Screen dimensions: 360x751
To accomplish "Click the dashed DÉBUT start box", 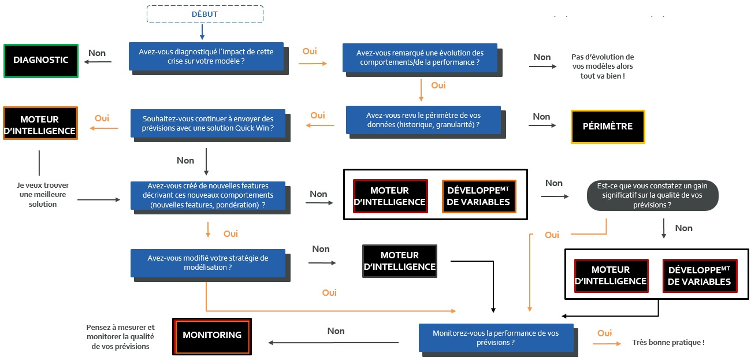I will pos(205,14).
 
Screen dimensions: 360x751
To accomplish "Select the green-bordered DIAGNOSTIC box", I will pos(40,60).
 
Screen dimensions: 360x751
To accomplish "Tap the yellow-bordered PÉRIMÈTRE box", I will pos(608,127).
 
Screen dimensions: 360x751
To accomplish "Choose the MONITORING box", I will pos(211,335).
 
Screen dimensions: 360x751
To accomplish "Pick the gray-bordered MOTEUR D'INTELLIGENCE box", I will pos(400,261).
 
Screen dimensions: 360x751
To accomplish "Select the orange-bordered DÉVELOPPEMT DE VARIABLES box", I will pos(479,196).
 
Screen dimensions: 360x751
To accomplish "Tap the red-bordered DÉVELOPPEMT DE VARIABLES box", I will pos(700,276).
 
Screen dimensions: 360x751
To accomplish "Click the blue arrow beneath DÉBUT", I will pos(203,31).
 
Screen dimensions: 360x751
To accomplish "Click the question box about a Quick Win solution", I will pos(207,123).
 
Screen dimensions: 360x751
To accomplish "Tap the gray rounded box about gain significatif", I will pos(652,195).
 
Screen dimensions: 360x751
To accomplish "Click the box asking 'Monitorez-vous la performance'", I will pos(496,337).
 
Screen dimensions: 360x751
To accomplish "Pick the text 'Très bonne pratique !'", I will pos(668,343).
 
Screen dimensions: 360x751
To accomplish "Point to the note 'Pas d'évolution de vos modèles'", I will pos(602,66).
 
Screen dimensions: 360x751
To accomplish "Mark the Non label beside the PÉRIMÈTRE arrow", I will pos(541,117).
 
